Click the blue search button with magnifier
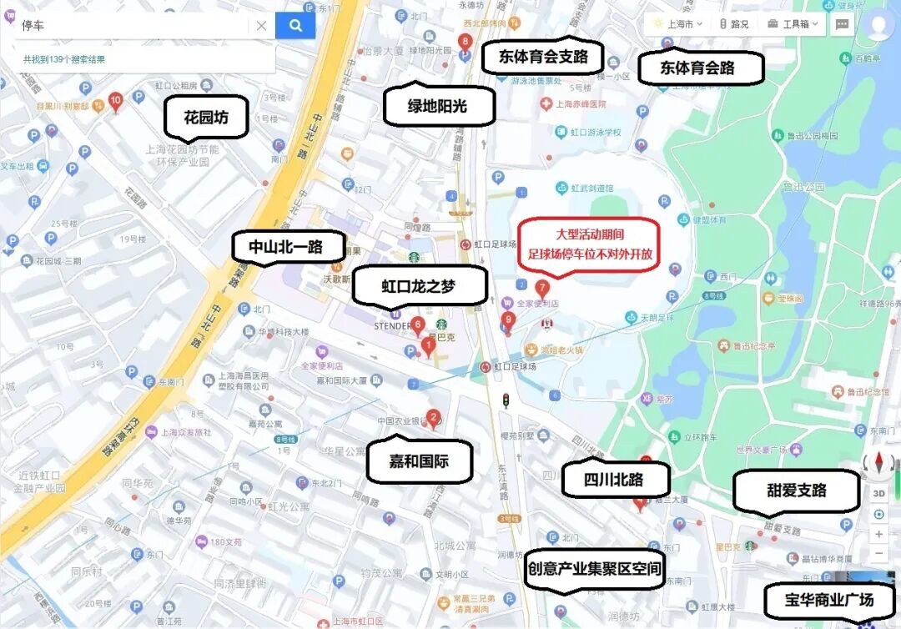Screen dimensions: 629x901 [x=295, y=26]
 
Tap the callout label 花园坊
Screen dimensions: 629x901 [x=207, y=118]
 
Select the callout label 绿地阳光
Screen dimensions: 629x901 [x=437, y=106]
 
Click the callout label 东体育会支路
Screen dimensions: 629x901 [x=543, y=57]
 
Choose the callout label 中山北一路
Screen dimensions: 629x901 [x=285, y=247]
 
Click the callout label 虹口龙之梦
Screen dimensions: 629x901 [x=420, y=286]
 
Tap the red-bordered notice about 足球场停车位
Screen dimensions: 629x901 [x=589, y=244]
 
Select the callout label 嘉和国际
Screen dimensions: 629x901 [x=419, y=460]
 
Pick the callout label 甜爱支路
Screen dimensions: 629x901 [x=796, y=490]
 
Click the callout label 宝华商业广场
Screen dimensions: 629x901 [x=828, y=599]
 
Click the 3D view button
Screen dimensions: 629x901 [x=878, y=493]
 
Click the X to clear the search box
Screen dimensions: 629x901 [x=261, y=26]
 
